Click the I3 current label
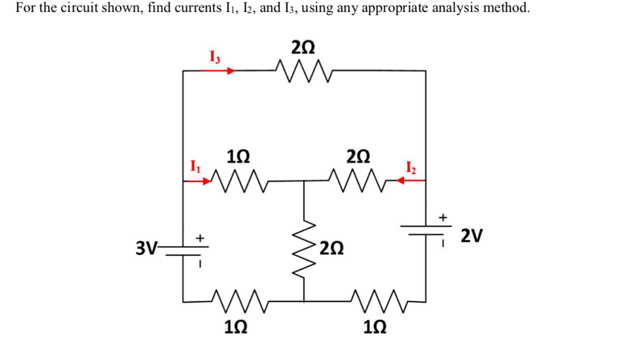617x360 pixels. tap(215, 58)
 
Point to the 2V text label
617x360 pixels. tap(471, 235)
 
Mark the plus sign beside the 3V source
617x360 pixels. tap(199, 239)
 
